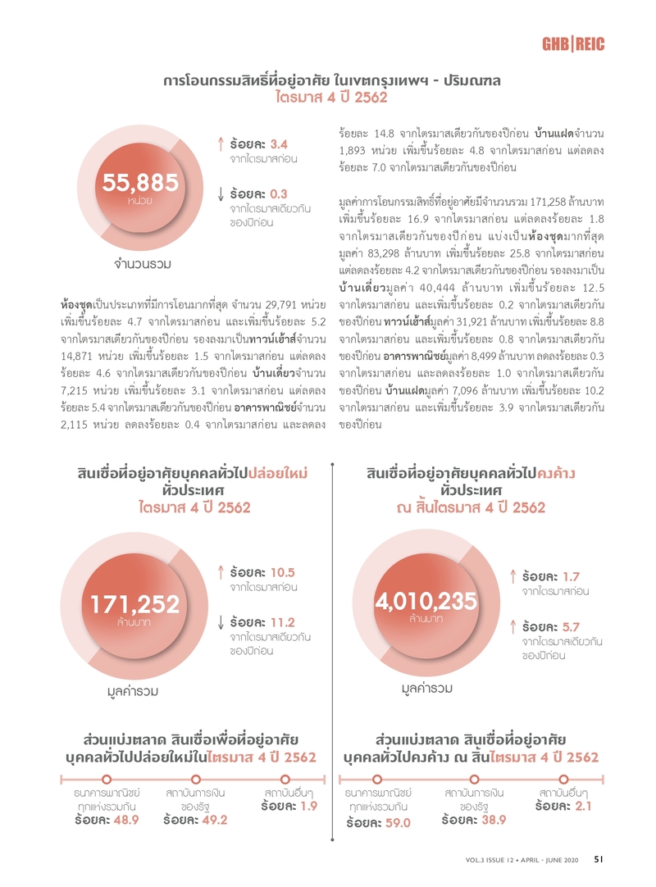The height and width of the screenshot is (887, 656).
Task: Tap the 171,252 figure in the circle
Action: [135, 604]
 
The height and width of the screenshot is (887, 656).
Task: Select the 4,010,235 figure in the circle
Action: [426, 600]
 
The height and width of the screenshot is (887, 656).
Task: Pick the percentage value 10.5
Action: [282, 571]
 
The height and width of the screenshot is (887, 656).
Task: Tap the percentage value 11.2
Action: [282, 622]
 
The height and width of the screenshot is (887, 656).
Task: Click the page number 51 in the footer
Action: [599, 859]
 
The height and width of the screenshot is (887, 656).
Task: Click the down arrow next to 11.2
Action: [221, 623]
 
